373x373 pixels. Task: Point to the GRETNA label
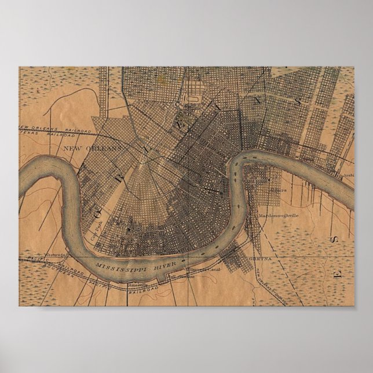point(257,259)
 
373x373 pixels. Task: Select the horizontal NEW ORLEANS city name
point(92,148)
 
